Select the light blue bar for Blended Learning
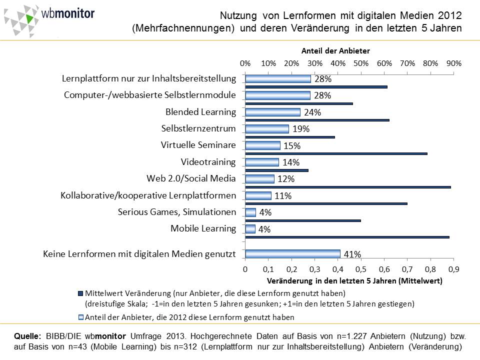[273, 112]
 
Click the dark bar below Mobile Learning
[347, 237]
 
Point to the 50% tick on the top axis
[361, 64]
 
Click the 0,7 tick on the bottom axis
[407, 269]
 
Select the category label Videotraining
[208, 162]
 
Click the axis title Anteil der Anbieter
[335, 50]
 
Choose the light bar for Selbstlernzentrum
[267, 129]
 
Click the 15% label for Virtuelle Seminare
[292, 146]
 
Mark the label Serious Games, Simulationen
[177, 212]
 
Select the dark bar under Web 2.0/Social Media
[348, 187]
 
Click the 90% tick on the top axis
[453, 64]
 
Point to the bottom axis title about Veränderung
[355, 280]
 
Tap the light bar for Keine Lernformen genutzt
[293, 254]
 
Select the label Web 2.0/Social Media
[191, 178]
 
